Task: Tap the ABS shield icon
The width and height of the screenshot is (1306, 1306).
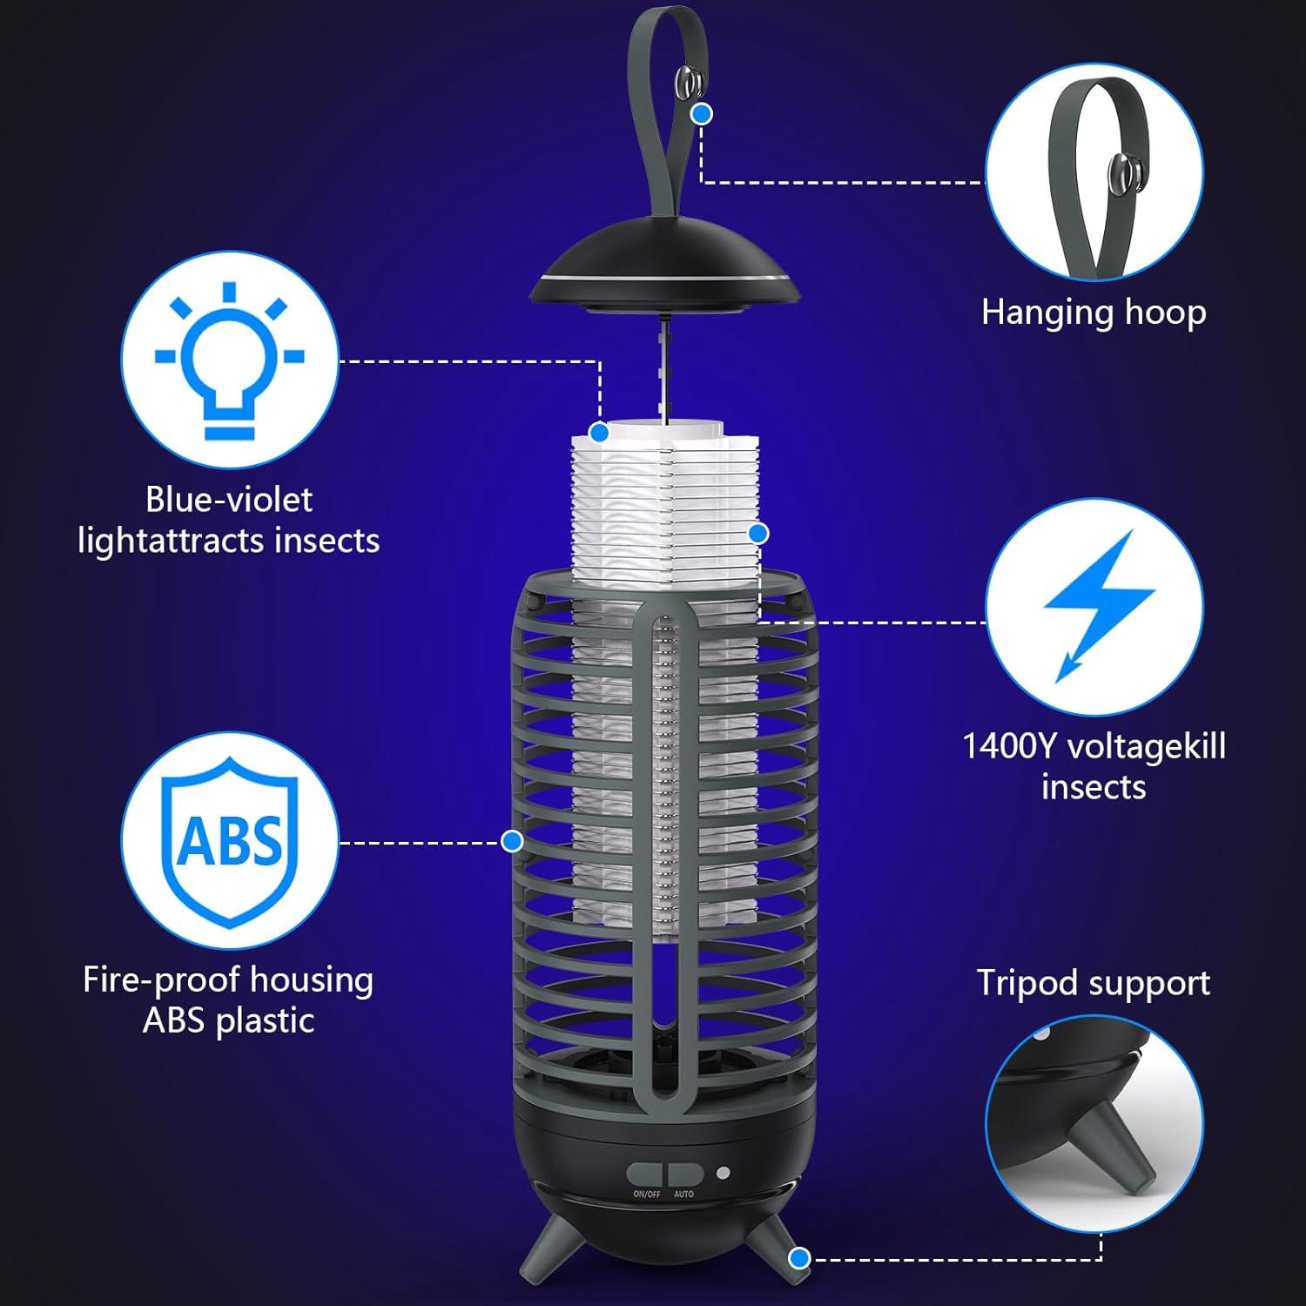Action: tap(230, 840)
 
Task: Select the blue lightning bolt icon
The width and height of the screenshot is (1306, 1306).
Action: tap(1095, 604)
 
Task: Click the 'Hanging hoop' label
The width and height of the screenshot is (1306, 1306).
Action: tap(1094, 313)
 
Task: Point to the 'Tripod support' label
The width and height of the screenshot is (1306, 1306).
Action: tap(1093, 983)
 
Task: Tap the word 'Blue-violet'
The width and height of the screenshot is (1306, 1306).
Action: tap(229, 500)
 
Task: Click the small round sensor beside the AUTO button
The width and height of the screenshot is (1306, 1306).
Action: tap(723, 1173)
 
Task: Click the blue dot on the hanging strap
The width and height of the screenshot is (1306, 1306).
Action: tap(701, 113)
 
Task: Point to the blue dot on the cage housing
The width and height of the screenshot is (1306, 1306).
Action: tap(512, 841)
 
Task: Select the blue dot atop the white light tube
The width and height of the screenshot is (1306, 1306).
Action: tap(599, 433)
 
